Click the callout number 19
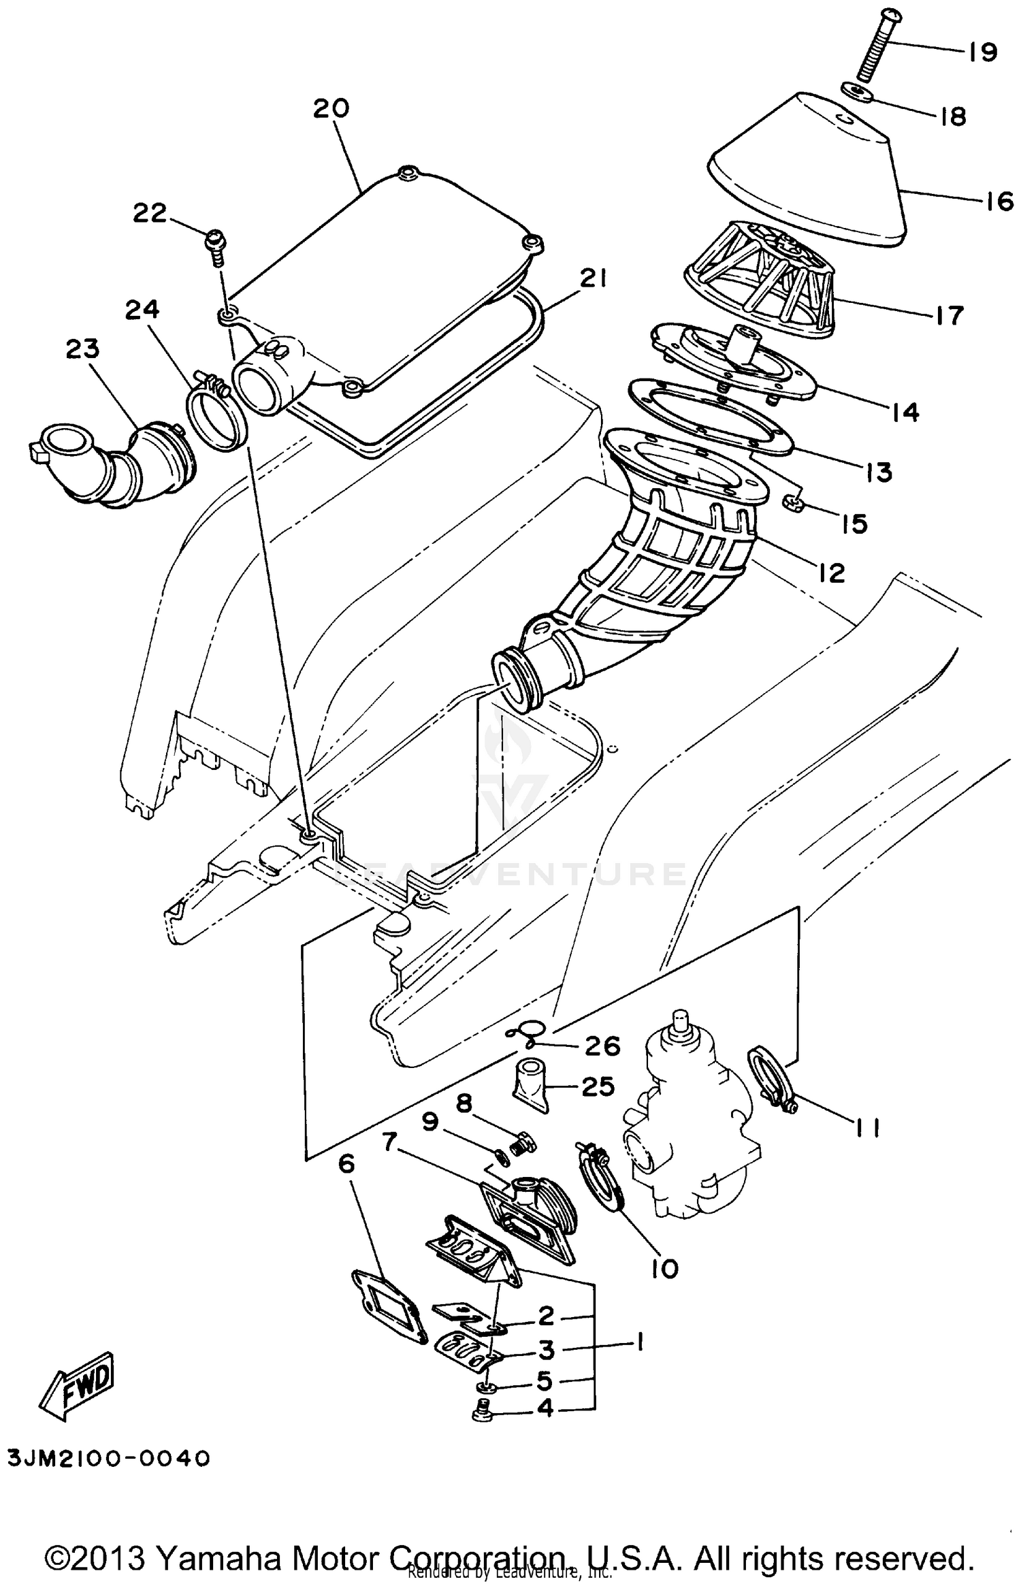[x=982, y=52]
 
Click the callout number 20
[x=331, y=108]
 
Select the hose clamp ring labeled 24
[x=214, y=416]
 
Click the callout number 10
[x=664, y=1268]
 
